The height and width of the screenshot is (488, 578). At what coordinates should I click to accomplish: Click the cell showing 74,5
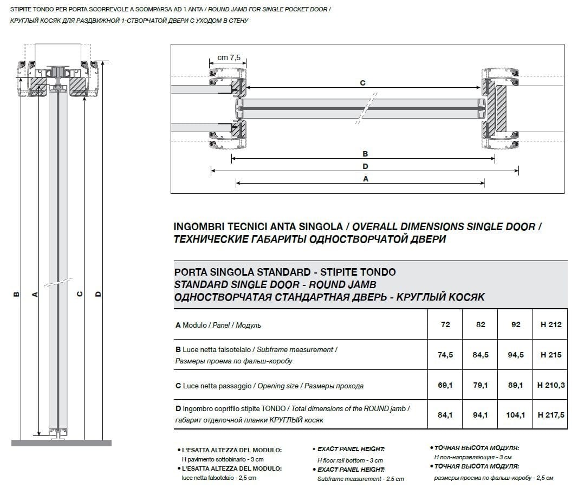click(445, 355)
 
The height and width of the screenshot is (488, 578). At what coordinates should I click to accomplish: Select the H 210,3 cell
click(550, 386)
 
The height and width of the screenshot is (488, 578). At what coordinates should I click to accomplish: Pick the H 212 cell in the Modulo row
click(550, 324)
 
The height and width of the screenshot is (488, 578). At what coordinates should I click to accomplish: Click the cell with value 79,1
click(480, 386)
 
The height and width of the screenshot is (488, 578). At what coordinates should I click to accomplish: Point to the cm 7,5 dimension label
click(229, 57)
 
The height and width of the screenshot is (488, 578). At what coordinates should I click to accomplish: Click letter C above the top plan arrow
click(362, 83)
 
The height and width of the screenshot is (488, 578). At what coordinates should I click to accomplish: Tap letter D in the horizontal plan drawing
click(365, 166)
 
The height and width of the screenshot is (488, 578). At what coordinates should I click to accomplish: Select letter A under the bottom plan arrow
click(365, 179)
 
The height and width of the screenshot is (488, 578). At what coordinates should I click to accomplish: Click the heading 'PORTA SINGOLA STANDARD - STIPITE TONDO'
click(285, 272)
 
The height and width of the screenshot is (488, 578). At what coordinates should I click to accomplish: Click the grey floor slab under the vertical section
click(61, 443)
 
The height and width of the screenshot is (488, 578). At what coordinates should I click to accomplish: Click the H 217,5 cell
click(550, 415)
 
